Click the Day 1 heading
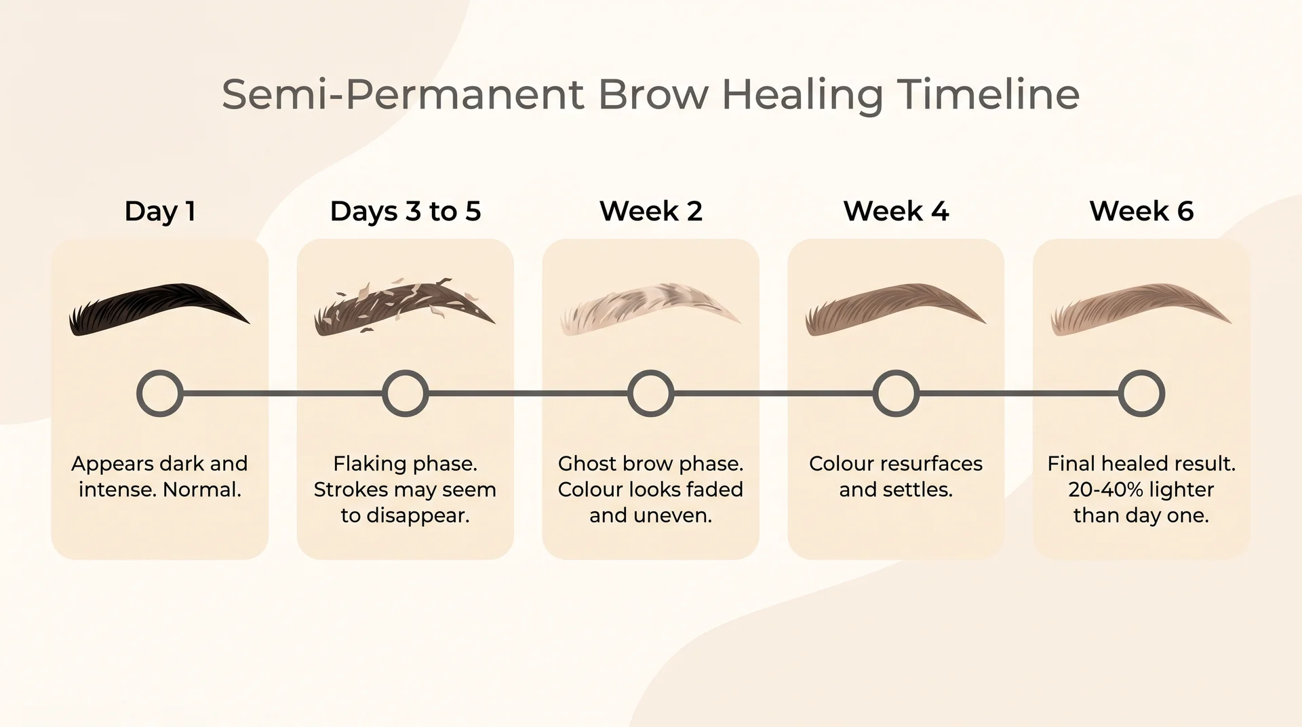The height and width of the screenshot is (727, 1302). tap(160, 212)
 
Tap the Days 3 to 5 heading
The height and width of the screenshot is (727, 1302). tap(405, 212)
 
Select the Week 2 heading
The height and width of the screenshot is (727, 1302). tap(650, 212)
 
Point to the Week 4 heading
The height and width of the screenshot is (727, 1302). tap(896, 212)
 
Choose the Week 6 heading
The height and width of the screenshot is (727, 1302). tap(1141, 212)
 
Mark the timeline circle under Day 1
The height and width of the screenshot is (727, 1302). tap(160, 393)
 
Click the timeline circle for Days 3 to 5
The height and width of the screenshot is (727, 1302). tap(405, 393)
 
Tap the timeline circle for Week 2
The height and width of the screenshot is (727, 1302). tap(650, 393)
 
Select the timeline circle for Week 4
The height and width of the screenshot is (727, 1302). tap(896, 393)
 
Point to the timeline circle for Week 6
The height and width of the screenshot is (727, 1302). tap(1141, 393)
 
